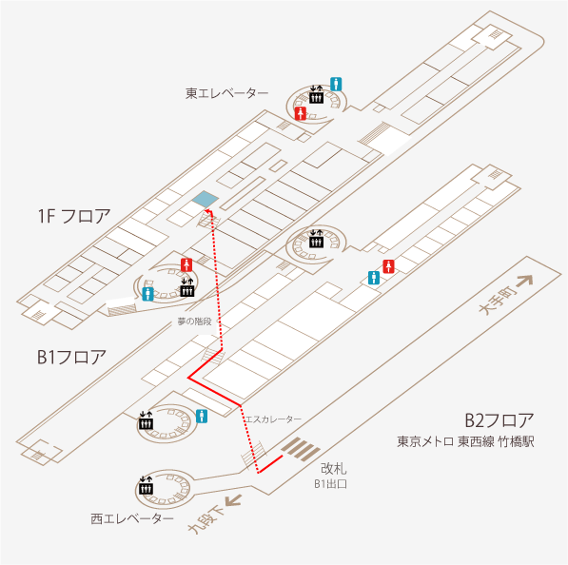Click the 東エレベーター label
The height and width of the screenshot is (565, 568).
[x=226, y=93]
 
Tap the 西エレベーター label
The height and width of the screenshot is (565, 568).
[x=132, y=518]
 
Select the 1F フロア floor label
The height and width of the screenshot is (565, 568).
[x=74, y=216]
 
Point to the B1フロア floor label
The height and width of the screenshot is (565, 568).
[x=71, y=357]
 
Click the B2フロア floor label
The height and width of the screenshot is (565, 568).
[x=499, y=420]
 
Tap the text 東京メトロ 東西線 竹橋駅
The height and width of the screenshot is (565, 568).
[x=465, y=442]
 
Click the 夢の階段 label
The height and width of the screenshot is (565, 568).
[x=194, y=321]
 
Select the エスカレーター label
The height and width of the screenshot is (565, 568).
[x=273, y=419]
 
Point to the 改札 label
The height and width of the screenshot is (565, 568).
[x=334, y=469]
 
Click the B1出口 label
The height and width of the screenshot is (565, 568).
[x=330, y=484]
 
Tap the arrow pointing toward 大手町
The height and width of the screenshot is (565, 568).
[x=524, y=281]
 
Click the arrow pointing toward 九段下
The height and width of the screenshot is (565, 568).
[x=233, y=501]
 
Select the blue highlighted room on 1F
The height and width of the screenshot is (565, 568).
[x=206, y=199]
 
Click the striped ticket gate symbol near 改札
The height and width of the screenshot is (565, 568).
[x=301, y=449]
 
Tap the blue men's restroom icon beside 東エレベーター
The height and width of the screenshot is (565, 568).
[x=336, y=84]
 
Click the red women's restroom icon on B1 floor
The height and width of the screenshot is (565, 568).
[x=389, y=266]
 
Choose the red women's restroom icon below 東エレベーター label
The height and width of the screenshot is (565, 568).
[x=301, y=114]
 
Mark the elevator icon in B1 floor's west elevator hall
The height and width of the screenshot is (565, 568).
[x=147, y=420]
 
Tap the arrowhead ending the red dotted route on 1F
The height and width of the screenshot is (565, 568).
[x=208, y=211]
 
